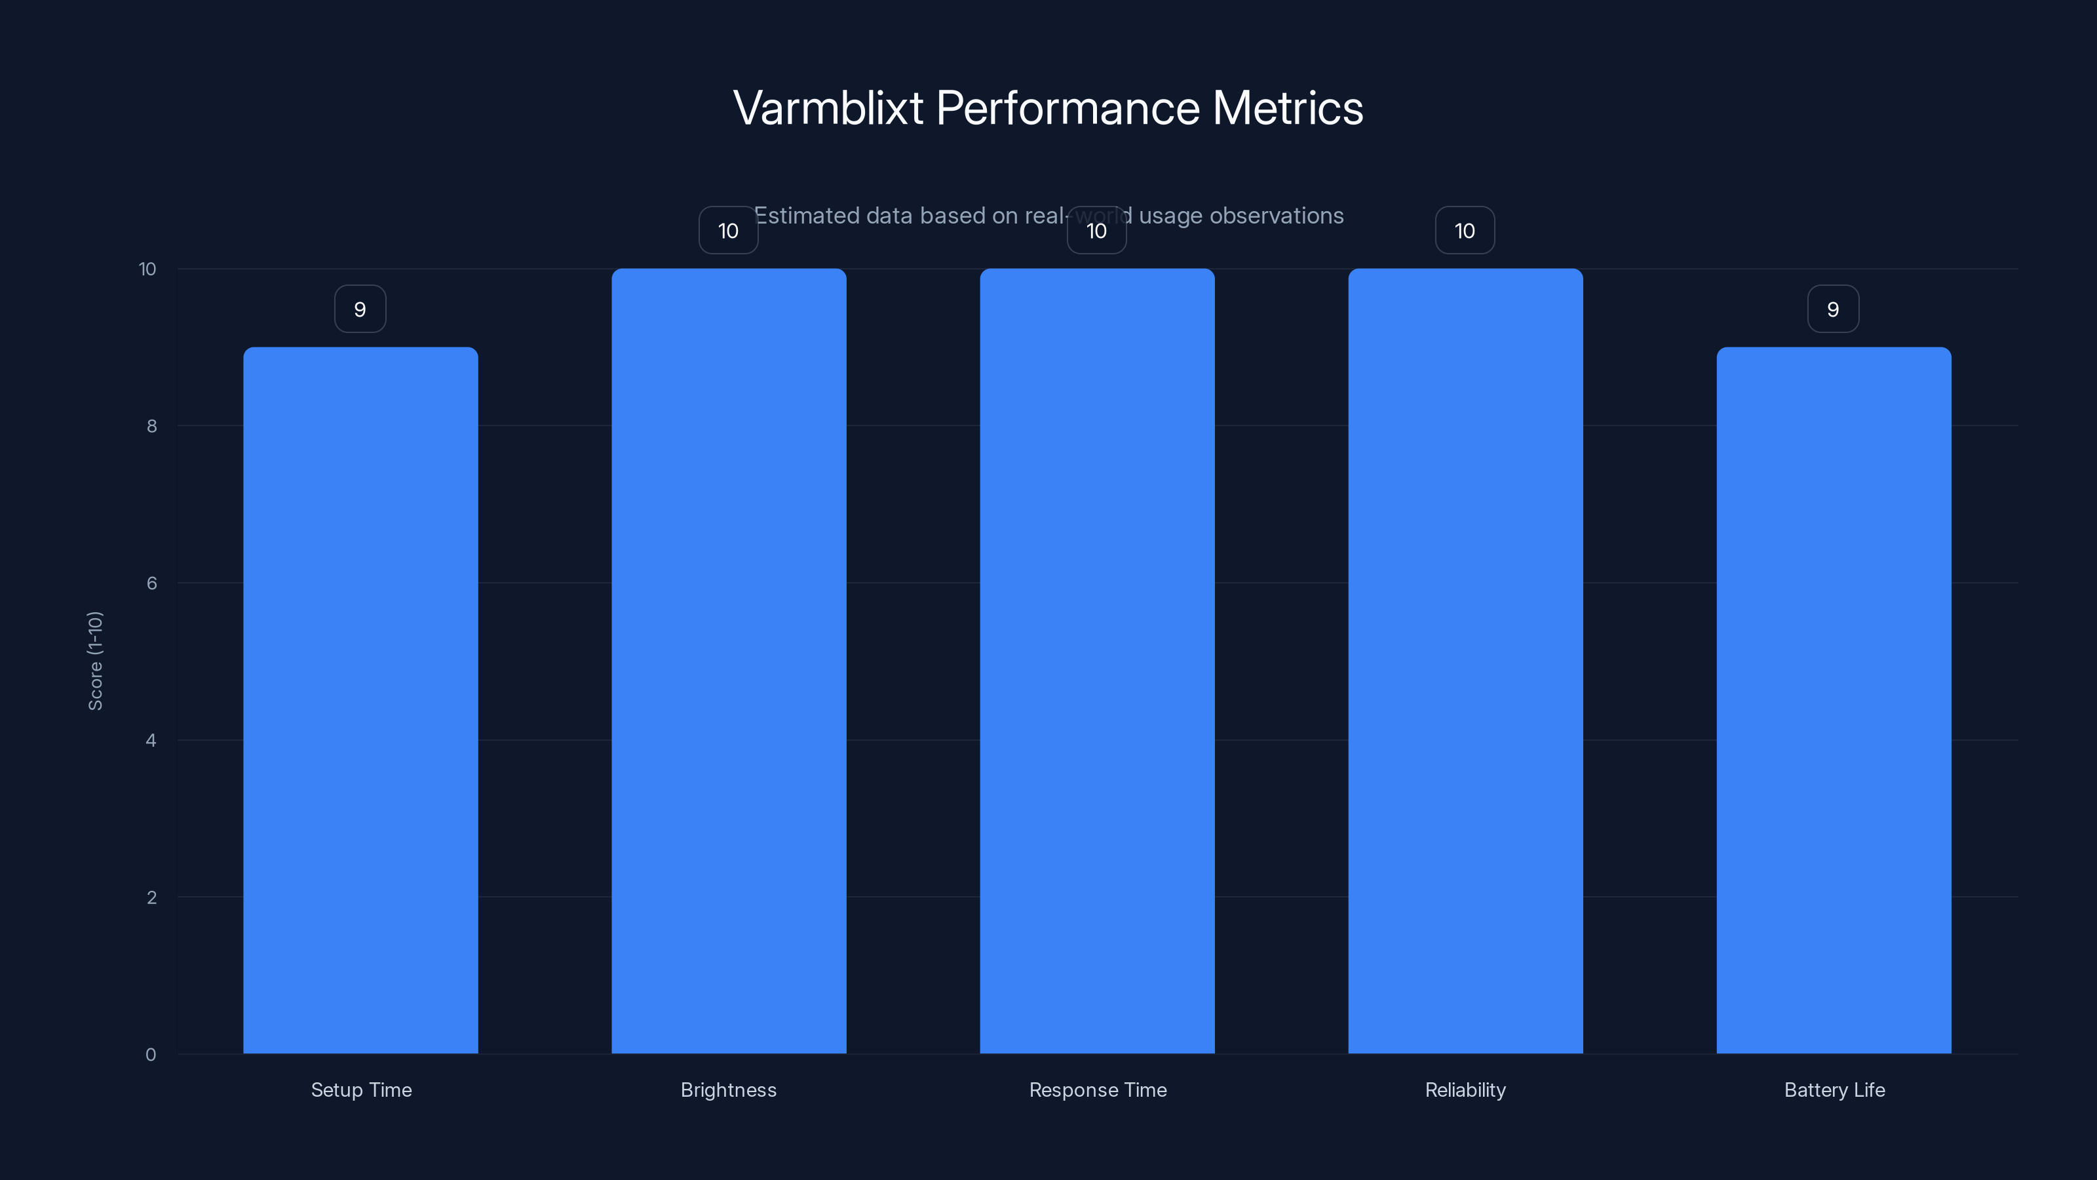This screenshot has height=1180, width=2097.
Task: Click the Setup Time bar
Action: pos(360,700)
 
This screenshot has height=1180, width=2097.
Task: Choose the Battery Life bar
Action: pos(1834,700)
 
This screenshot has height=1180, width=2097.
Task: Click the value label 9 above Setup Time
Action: pos(360,309)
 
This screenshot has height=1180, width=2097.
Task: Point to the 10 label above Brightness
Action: pos(729,231)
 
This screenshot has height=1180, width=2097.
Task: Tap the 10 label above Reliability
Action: pos(1465,231)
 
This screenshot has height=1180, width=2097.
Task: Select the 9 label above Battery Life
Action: pos(1834,309)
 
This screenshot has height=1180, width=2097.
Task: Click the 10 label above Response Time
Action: pos(1096,231)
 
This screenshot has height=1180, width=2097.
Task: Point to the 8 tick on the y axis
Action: pos(151,426)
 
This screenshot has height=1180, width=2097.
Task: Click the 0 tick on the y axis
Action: pos(151,1055)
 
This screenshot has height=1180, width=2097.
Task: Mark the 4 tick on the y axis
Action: pos(151,740)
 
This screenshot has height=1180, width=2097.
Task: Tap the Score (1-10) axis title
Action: pos(95,660)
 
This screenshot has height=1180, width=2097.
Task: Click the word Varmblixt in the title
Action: pos(828,108)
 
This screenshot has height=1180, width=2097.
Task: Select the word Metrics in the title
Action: pos(1287,108)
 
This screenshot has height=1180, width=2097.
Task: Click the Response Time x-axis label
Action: pos(1098,1090)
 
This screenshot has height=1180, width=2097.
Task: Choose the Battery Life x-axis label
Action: pos(1834,1090)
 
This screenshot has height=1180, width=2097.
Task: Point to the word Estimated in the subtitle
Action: pos(807,216)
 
